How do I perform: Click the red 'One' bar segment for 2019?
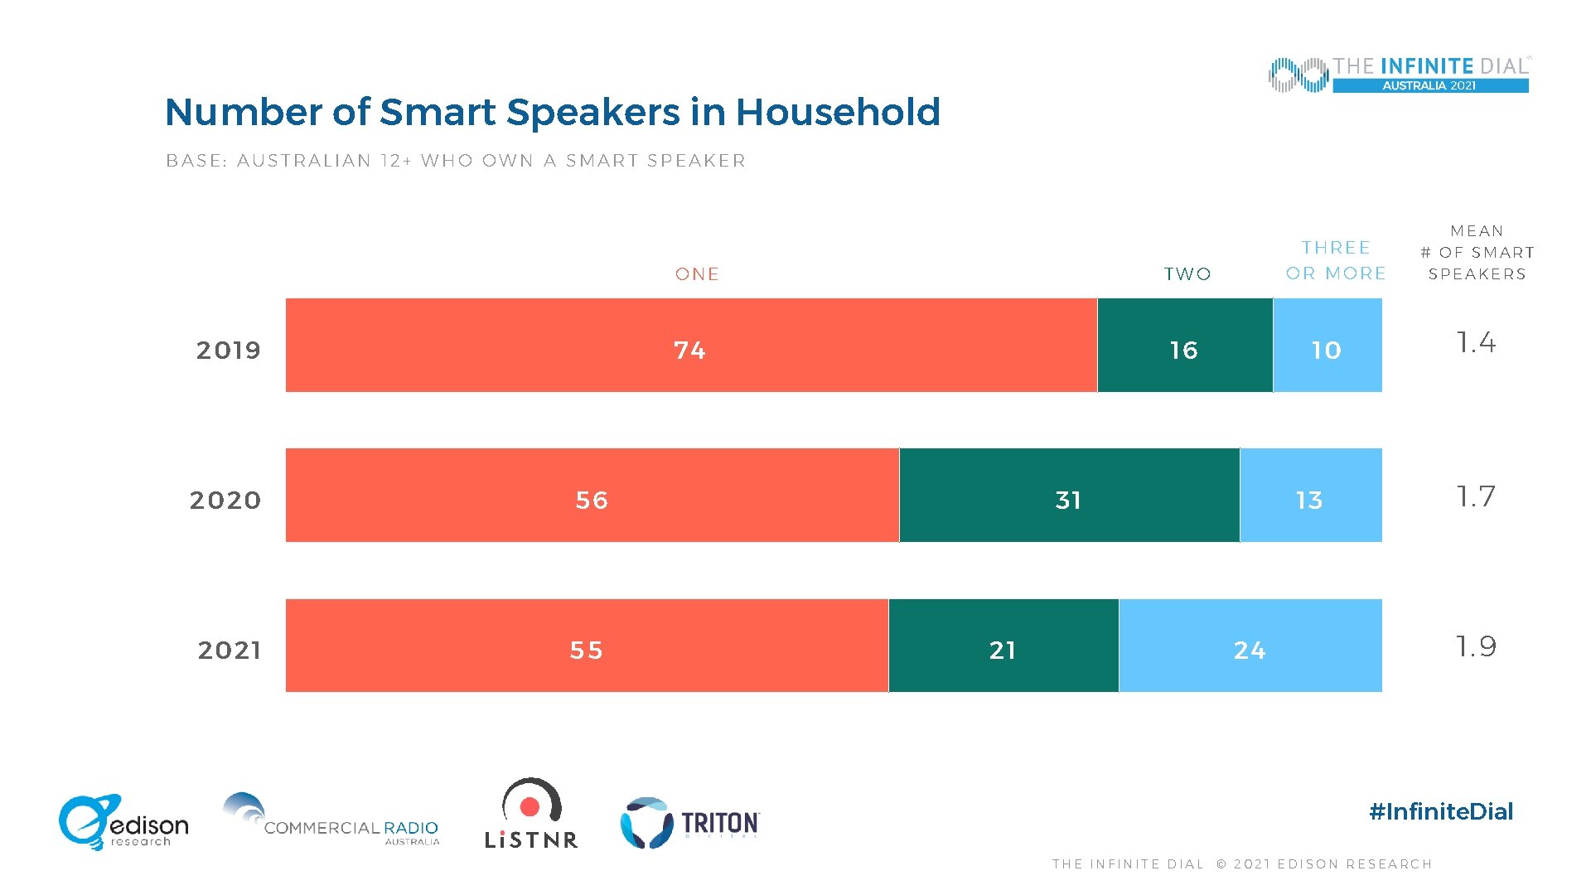(690, 345)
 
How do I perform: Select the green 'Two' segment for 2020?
(1069, 496)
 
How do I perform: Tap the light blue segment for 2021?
(1250, 646)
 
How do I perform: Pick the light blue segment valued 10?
(1327, 345)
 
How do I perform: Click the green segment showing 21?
(1003, 646)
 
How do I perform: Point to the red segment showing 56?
(592, 496)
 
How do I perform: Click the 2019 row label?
(229, 351)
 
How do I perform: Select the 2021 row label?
(230, 651)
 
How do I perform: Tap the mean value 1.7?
(1476, 496)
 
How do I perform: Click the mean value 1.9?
(1476, 646)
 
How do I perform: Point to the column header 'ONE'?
(697, 274)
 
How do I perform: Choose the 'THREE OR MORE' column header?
(1336, 260)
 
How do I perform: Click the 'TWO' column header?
(1187, 274)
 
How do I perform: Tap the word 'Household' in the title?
(838, 112)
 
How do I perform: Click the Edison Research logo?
(123, 823)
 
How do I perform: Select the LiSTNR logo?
(531, 815)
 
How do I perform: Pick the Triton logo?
(689, 823)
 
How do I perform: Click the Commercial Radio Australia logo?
(331, 820)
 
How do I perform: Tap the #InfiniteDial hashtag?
(1441, 811)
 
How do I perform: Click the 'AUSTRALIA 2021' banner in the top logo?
(1429, 85)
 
